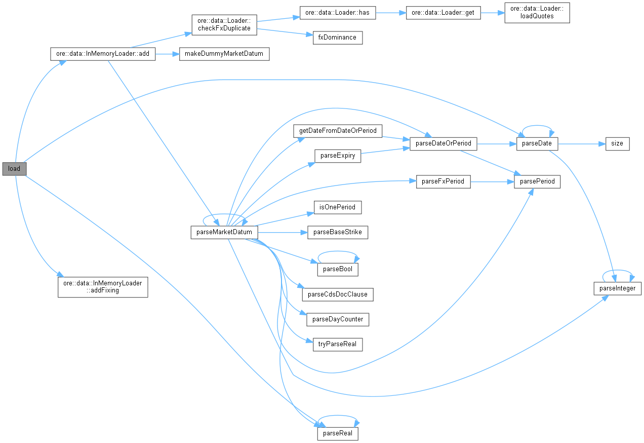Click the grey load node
pyautogui.click(x=14, y=169)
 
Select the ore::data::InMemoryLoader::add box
pyautogui.click(x=102, y=54)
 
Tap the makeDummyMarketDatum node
pyautogui.click(x=224, y=54)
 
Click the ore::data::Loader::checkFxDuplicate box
pyautogui.click(x=224, y=25)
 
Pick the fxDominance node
pyautogui.click(x=337, y=38)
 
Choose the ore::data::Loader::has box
pyautogui.click(x=338, y=13)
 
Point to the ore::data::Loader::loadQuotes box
pyautogui.click(x=537, y=13)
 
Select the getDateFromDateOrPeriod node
pyautogui.click(x=338, y=131)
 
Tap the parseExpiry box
pyautogui.click(x=338, y=156)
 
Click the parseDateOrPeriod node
pyautogui.click(x=443, y=143)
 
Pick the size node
pyautogui.click(x=617, y=143)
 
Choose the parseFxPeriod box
pyautogui.click(x=443, y=181)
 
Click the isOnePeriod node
pyautogui.click(x=338, y=207)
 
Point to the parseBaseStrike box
pyautogui.click(x=338, y=233)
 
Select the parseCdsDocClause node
pyautogui.click(x=338, y=294)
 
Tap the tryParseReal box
pyautogui.click(x=338, y=344)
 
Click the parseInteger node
pyautogui.click(x=618, y=288)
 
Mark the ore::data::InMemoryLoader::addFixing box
pyautogui.click(x=103, y=287)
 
